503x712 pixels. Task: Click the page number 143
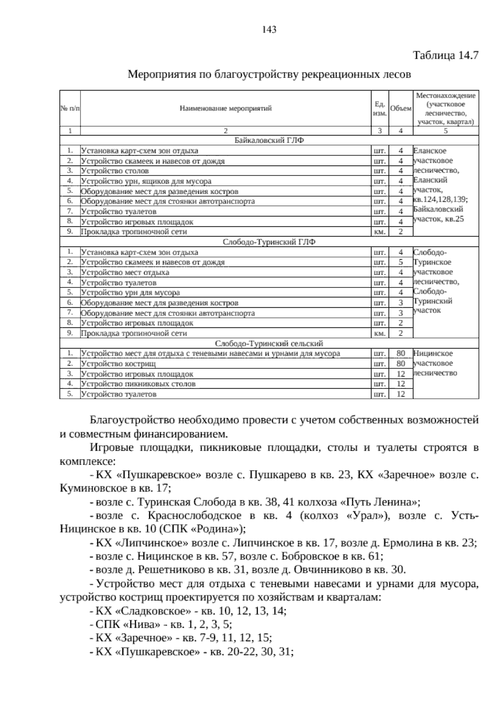point(269,29)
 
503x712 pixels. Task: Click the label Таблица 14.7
point(446,56)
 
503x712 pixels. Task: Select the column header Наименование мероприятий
point(226,109)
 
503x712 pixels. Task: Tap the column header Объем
point(400,109)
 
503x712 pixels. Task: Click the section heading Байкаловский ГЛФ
point(269,140)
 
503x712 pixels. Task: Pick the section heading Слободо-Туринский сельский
point(269,343)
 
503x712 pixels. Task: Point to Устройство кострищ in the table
point(118,364)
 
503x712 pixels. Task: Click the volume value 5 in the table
point(401,262)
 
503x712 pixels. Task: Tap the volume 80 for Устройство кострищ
point(401,364)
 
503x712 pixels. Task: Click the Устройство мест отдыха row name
point(125,273)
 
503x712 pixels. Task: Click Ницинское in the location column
point(433,353)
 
